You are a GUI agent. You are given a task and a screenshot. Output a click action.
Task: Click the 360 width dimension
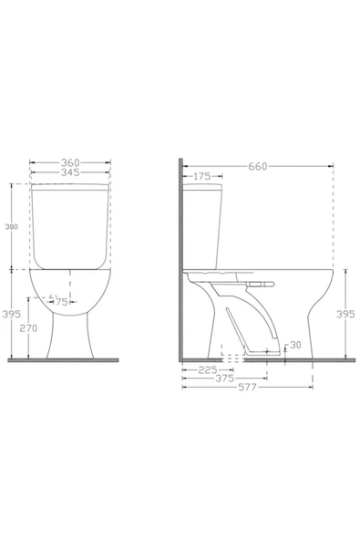click(70, 162)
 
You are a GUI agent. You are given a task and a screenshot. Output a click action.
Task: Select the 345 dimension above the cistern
click(70, 172)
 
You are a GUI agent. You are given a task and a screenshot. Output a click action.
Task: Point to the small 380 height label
click(11, 226)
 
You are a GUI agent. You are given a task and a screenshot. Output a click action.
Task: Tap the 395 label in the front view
click(11, 314)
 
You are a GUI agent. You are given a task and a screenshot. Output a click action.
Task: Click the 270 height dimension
click(28, 328)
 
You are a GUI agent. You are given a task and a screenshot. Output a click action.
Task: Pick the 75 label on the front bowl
click(61, 302)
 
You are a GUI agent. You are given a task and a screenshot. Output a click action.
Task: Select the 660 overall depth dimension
click(258, 166)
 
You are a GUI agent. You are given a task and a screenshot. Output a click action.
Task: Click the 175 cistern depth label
click(202, 176)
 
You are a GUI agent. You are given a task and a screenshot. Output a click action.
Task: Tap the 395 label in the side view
click(345, 314)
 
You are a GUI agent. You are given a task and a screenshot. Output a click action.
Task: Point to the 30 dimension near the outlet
click(295, 345)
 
